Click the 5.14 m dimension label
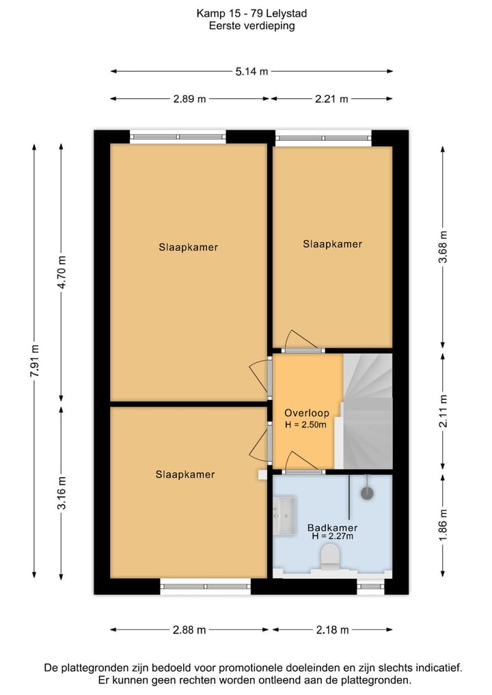point(251,71)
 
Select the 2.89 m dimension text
point(190,99)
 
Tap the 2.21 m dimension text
point(331,99)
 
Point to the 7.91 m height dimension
point(35,360)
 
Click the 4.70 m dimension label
point(62,272)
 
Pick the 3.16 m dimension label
point(62,493)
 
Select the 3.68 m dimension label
point(443,247)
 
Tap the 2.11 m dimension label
point(443,411)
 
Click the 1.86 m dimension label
point(443,525)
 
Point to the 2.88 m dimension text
point(189,630)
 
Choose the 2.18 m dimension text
point(332,630)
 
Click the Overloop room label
point(307,413)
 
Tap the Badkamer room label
point(332,528)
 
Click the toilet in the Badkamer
point(330,557)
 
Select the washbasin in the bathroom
point(284,515)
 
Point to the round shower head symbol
point(367,493)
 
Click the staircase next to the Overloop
point(367,411)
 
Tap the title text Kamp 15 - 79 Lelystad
point(251,14)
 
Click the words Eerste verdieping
point(251,26)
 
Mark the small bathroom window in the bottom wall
point(370,586)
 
